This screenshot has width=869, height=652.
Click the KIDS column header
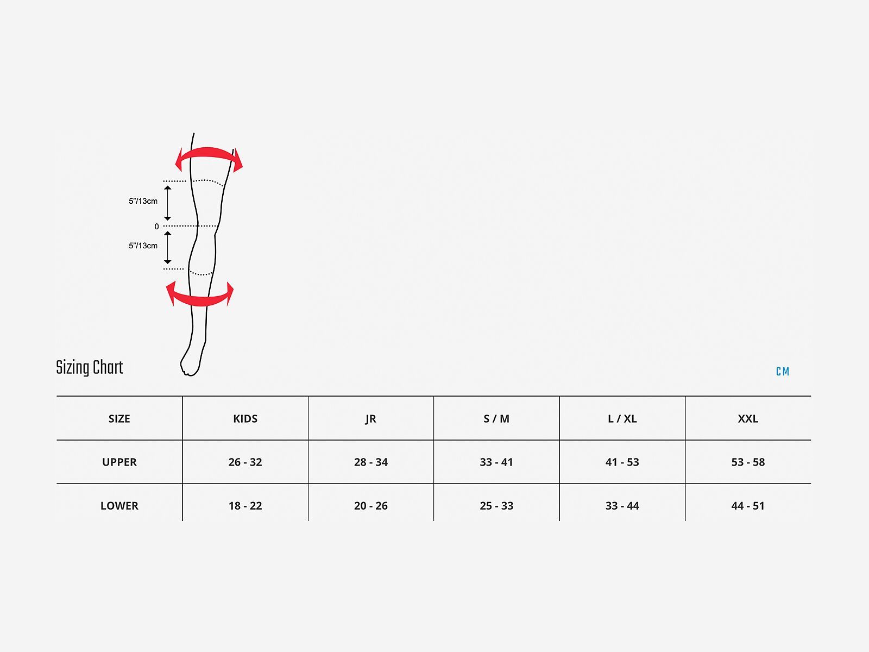(245, 419)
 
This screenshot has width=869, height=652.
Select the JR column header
(370, 419)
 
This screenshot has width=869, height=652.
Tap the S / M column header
(496, 419)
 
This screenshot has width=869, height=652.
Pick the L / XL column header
(622, 419)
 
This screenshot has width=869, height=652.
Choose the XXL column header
(748, 419)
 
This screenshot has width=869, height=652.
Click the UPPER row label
(119, 462)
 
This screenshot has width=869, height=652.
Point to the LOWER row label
(119, 505)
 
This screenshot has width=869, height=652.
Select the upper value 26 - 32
(245, 462)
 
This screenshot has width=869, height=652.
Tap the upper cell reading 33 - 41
(496, 462)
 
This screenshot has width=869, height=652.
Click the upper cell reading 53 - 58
(748, 462)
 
